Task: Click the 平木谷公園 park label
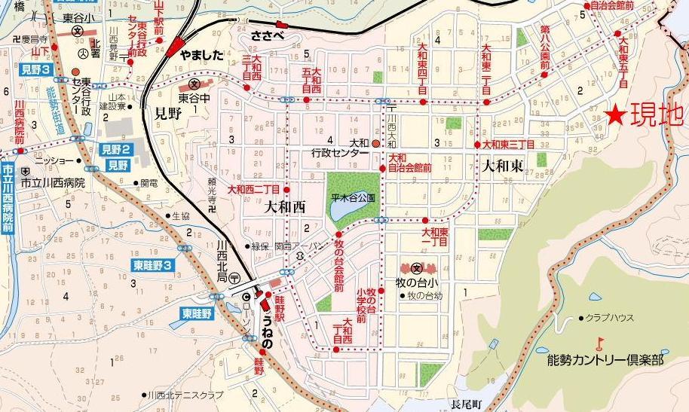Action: pos(353,197)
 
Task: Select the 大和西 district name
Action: pos(284,208)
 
